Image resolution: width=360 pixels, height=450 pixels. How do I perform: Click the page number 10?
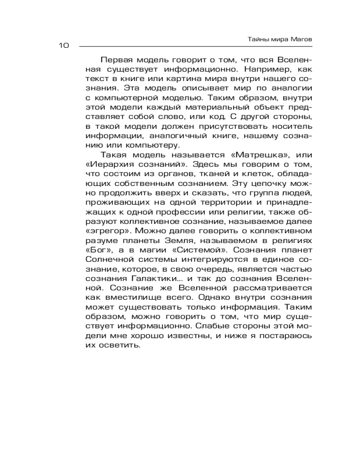click(63, 46)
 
